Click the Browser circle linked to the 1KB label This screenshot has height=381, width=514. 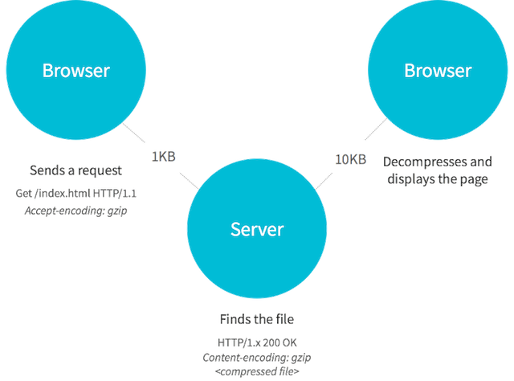coord(76,71)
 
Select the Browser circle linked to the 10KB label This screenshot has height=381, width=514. coord(438,71)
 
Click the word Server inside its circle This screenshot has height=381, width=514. coord(257,230)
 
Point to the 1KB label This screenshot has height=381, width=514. coord(163,158)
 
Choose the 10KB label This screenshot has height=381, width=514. coord(350,159)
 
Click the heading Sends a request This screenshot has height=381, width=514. coord(75,170)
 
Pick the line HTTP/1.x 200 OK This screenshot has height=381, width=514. coord(257,341)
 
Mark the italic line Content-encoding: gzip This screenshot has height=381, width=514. coord(257,357)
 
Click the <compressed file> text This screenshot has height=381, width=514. coord(257,372)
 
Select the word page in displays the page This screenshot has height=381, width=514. coord(474,179)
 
